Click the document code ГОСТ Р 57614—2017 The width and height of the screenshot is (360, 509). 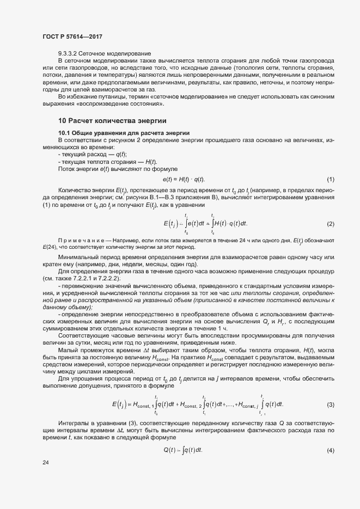pyautogui.click(x=72, y=36)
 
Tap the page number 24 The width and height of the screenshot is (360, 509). pyautogui.click(x=45, y=462)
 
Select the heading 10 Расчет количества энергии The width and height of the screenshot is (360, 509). pyautogui.click(x=112, y=120)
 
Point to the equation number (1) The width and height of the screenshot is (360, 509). pyautogui.click(x=330, y=180)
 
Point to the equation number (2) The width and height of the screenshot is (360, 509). pyautogui.click(x=330, y=224)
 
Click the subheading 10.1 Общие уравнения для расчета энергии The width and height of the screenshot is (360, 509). pyautogui.click(x=124, y=133)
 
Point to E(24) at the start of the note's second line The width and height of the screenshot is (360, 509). pyautogui.click(x=50, y=247)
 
